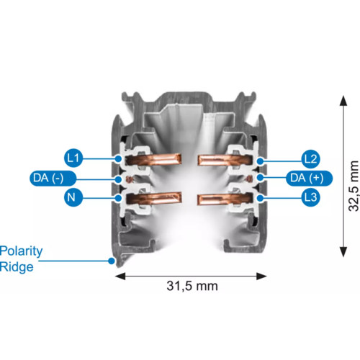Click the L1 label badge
73,158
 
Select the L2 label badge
310,159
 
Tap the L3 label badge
310,197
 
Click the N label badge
73,197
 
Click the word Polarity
21,251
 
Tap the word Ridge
17,267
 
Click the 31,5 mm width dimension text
192,286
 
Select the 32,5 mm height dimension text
354,186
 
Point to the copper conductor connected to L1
153,159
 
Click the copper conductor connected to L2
225,160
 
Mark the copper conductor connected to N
153,199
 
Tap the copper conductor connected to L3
225,199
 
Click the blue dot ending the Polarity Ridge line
112,261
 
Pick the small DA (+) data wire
250,179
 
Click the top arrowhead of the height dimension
343,100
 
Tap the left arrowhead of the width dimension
120,276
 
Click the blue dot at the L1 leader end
118,158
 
